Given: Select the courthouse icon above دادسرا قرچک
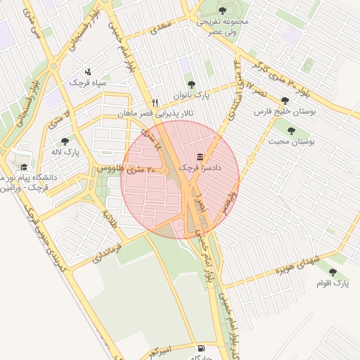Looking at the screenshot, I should (201, 157).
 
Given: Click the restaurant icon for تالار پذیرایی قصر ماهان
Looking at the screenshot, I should (155, 103).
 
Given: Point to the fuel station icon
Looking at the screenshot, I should (201, 348).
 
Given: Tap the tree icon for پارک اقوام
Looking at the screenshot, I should (333, 272).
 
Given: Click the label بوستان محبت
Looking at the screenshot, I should (290, 141).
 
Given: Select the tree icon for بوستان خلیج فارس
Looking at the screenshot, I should (285, 101).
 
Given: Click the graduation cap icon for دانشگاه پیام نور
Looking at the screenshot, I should (25, 167).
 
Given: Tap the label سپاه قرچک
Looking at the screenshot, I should (87, 82).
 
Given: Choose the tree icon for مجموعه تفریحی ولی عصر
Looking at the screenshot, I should (223, 10).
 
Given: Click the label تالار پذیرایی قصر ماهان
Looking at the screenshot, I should (155, 113).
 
